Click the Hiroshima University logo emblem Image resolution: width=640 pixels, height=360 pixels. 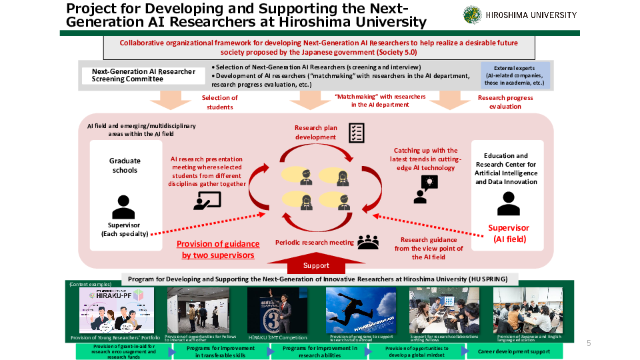pyautogui.click(x=472, y=15)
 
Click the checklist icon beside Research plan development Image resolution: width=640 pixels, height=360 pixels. pyautogui.click(x=357, y=131)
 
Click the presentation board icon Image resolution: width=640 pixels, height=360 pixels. pyautogui.click(x=207, y=200)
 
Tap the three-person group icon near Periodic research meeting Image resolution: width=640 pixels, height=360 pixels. pyautogui.click(x=367, y=241)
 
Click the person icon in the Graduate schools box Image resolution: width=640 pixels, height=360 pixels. pyautogui.click(x=124, y=207)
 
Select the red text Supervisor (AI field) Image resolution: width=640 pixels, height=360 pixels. pyautogui.click(x=509, y=233)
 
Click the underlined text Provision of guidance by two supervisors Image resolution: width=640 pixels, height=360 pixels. pyautogui.click(x=218, y=249)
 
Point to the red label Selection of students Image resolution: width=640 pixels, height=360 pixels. pyautogui.click(x=219, y=102)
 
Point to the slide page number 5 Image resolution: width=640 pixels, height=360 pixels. pyautogui.click(x=589, y=343)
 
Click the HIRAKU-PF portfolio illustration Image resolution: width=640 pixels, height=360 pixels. pyautogui.click(x=116, y=310)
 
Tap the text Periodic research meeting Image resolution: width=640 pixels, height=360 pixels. pyautogui.click(x=315, y=242)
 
